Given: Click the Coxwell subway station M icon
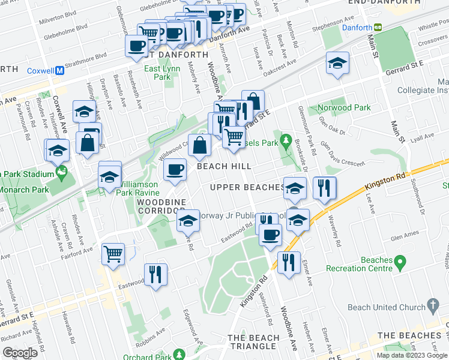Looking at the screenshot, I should click(x=60, y=70).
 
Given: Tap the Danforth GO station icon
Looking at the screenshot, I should click(x=378, y=27).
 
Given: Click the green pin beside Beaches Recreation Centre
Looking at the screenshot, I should click(x=402, y=263).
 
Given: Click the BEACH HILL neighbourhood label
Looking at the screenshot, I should click(x=225, y=166).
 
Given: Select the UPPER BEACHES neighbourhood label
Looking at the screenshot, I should click(x=247, y=187).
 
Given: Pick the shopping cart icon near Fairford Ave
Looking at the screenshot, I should click(x=113, y=254).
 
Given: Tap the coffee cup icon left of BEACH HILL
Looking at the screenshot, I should click(x=175, y=170).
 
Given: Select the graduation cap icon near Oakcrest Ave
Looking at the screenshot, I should click(x=337, y=62).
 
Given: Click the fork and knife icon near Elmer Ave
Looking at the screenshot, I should click(x=289, y=262).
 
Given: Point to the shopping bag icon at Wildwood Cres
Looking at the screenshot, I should click(x=199, y=145).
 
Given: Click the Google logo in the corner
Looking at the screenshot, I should click(x=20, y=353).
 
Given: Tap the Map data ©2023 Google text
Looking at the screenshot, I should click(x=412, y=355).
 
